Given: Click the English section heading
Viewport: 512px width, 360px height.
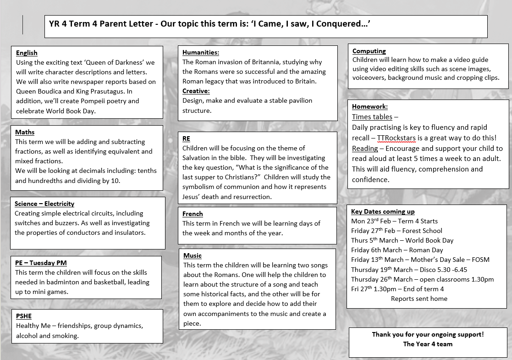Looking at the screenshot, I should click(x=27, y=53).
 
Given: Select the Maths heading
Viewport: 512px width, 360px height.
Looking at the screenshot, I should click(x=25, y=133).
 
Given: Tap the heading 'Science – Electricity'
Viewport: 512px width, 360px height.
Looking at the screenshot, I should click(x=44, y=204).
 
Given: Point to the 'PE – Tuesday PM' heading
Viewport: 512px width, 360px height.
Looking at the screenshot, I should click(x=41, y=263).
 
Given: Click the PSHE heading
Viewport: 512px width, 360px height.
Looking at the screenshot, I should click(x=24, y=316).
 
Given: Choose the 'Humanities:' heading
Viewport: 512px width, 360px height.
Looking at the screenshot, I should click(x=201, y=53).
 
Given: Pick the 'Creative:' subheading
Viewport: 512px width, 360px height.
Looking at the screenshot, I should click(x=196, y=91).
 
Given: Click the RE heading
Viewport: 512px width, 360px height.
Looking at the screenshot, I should click(x=186, y=138).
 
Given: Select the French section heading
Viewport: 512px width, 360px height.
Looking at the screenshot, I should click(x=193, y=214).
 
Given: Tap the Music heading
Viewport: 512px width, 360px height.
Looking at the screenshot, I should click(x=193, y=255).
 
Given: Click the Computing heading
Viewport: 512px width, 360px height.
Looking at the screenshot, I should click(x=369, y=51).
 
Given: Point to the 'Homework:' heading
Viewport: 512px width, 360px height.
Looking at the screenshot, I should click(x=370, y=107).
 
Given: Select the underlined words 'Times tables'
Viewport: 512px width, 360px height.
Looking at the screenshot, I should click(x=372, y=117).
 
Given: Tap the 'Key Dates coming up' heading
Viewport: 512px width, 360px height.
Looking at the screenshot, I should click(x=383, y=211).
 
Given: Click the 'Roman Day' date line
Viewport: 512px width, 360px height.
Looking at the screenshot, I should click(x=391, y=250).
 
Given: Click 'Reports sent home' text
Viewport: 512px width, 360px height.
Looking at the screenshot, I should click(x=419, y=299).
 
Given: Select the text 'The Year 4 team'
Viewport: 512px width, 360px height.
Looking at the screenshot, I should click(x=428, y=344).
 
